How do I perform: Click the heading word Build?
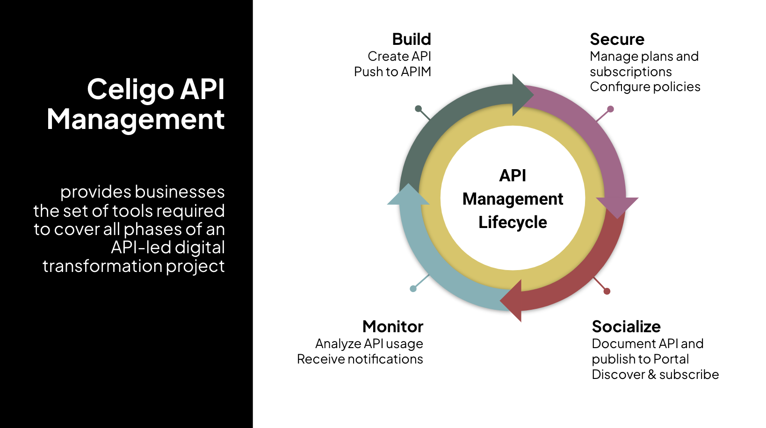(411, 39)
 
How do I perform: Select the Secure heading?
(617, 39)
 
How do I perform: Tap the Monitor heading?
(392, 326)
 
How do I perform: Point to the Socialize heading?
(626, 326)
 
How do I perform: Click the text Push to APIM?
(392, 71)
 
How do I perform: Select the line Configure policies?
(645, 87)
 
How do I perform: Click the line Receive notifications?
(360, 359)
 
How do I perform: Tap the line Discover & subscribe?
(655, 374)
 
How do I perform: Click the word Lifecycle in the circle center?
(513, 222)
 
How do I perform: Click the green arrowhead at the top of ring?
(522, 95)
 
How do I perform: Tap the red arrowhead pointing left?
(512, 300)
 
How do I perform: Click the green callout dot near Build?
(418, 109)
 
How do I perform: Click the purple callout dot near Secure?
(610, 109)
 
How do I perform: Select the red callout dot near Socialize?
(607, 291)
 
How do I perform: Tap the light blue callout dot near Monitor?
(413, 289)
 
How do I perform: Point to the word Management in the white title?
(135, 119)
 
